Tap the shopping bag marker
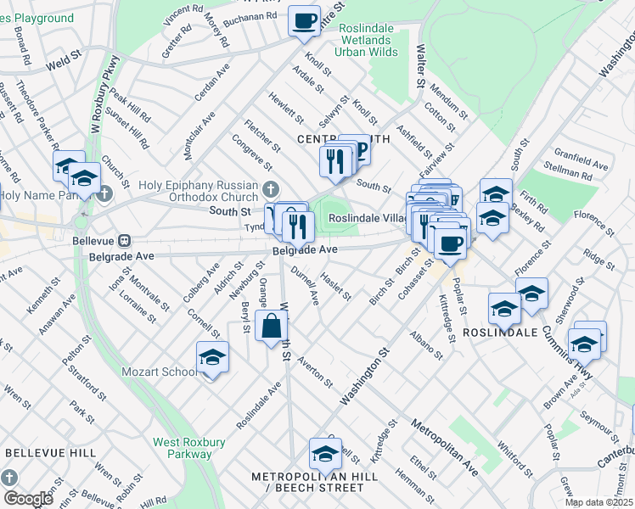point(271,327)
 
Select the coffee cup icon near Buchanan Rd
point(303,20)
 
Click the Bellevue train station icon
point(124,241)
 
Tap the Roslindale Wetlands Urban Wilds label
point(366,40)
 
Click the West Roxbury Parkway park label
point(183,448)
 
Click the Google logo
point(28,499)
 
